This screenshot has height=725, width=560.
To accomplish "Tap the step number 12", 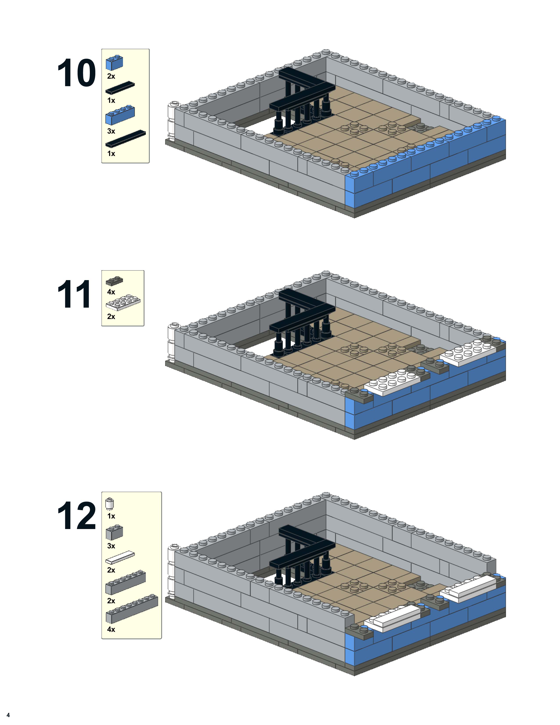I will [76, 516].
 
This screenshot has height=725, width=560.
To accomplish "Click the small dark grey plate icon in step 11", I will [114, 281].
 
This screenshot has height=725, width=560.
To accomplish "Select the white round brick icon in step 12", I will [110, 504].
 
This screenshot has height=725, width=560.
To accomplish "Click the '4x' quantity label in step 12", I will [111, 629].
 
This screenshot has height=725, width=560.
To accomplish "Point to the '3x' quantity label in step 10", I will [111, 131].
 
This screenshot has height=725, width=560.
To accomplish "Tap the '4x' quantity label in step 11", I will [111, 292].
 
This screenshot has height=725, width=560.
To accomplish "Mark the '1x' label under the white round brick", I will [111, 516].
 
